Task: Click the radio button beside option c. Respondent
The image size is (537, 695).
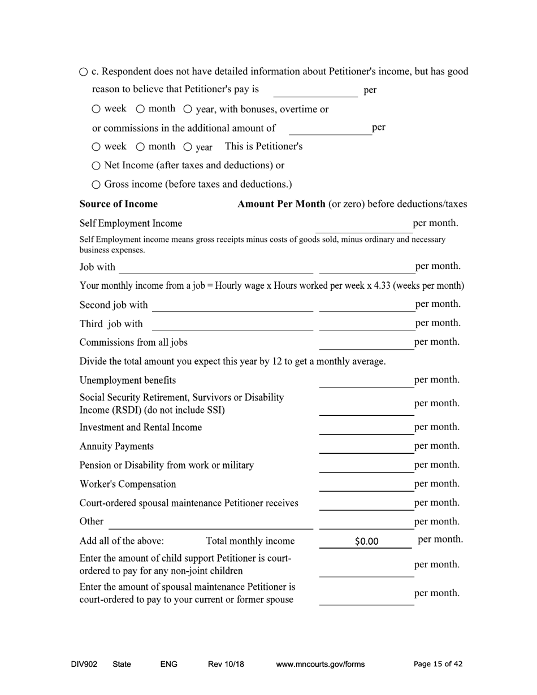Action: (84, 72)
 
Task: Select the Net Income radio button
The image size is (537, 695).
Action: (96, 166)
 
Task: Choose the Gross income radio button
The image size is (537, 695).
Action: (96, 184)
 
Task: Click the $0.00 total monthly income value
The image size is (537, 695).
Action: (366, 541)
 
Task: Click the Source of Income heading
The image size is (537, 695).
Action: (119, 204)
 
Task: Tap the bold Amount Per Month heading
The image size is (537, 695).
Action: (281, 204)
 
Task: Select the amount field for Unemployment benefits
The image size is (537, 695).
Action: (366, 381)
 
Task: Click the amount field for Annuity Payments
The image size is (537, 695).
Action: (366, 446)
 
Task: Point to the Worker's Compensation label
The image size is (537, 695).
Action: (128, 484)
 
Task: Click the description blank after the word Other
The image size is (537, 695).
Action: (210, 522)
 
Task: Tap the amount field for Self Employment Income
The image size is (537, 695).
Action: (363, 225)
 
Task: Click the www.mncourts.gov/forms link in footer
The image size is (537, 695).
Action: (320, 664)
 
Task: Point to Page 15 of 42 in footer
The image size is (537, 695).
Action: (438, 664)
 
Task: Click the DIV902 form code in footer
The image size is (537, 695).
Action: (84, 664)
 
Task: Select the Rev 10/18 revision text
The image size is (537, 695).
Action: (226, 664)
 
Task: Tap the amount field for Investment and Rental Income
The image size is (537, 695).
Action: (366, 428)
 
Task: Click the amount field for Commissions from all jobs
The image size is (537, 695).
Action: (366, 343)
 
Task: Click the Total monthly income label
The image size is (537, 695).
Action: (250, 541)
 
